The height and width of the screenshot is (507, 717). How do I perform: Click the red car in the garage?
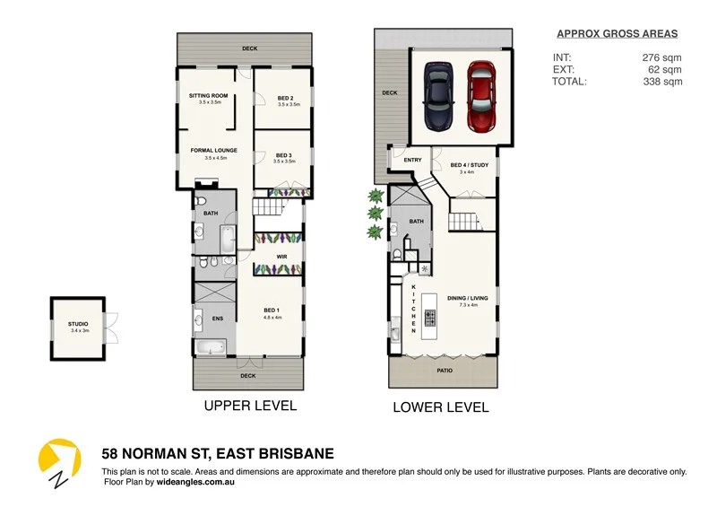point(480,95)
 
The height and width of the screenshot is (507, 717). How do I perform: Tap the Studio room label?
point(78,327)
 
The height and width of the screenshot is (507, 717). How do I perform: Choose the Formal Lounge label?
point(214,151)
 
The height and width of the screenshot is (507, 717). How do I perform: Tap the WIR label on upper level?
point(281,257)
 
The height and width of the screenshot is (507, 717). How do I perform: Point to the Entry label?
point(412,161)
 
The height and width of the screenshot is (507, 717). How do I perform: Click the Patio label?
point(445,370)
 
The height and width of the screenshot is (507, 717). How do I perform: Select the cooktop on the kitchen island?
point(429,317)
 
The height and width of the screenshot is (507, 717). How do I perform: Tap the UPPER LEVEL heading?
point(250,406)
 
